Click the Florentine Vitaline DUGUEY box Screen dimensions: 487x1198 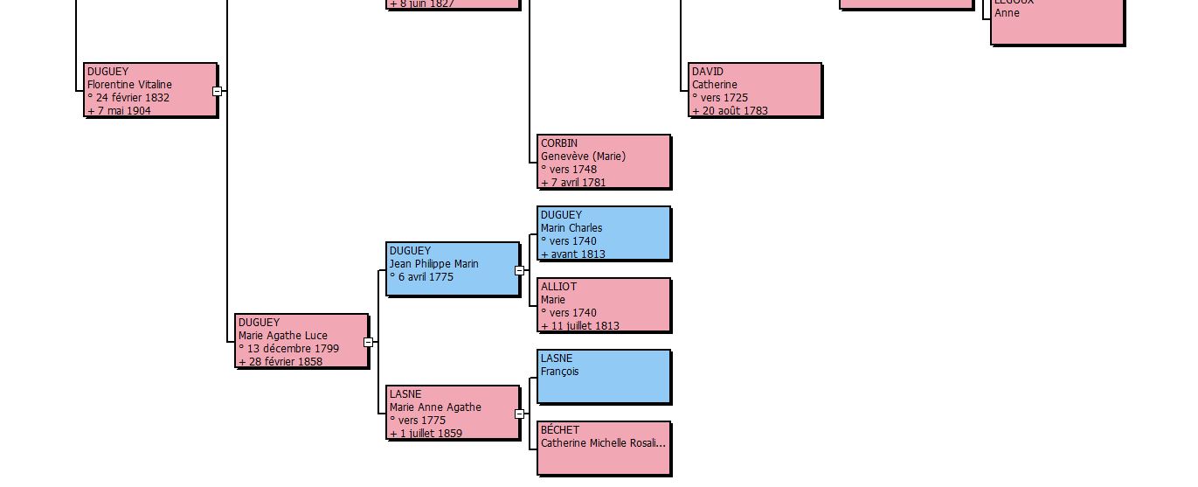click(x=150, y=89)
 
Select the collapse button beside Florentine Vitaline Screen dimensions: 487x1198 click(x=218, y=91)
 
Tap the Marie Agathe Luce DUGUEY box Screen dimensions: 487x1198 click(x=301, y=340)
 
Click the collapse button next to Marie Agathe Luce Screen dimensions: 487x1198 click(x=368, y=343)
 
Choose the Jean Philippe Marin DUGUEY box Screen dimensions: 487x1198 click(x=453, y=268)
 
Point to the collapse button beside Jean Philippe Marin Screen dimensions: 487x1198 click(x=519, y=271)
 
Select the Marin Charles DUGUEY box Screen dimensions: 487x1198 click(x=604, y=233)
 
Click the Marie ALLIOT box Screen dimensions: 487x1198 click(x=604, y=304)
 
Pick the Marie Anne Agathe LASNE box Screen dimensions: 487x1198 click(x=453, y=412)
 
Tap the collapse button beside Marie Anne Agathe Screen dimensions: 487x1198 click(x=519, y=414)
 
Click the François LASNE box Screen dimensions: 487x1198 click(x=604, y=376)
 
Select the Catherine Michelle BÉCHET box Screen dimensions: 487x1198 click(x=604, y=448)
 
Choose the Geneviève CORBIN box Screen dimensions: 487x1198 click(x=604, y=161)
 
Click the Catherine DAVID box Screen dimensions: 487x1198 click(x=755, y=89)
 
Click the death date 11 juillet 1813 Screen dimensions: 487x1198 click(x=584, y=326)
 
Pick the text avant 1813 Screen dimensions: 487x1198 click(x=577, y=254)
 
